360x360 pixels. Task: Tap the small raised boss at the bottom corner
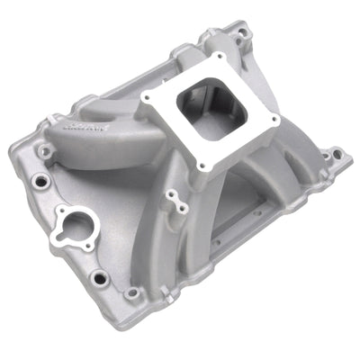coord(133,292)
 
